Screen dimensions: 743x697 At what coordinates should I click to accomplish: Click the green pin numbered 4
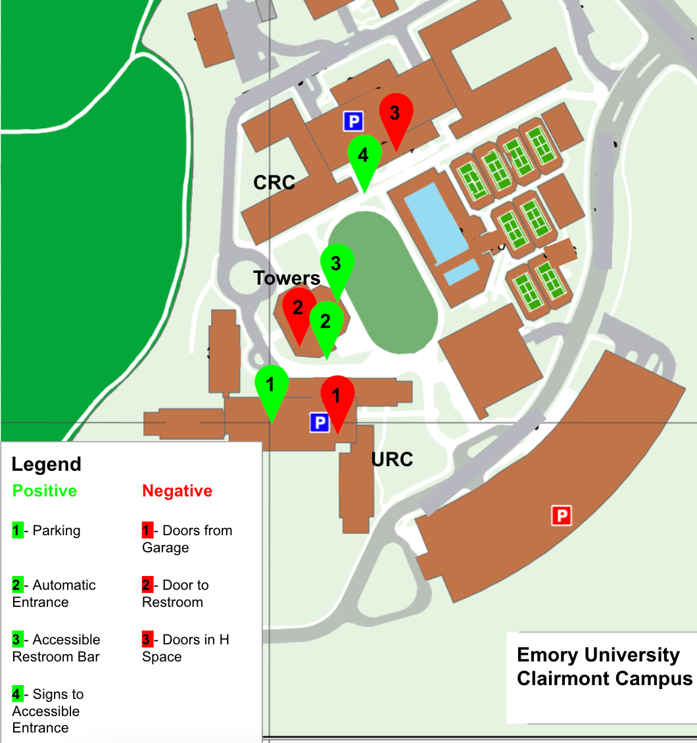pos(364,156)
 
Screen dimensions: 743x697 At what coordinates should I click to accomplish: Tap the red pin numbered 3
pos(396,114)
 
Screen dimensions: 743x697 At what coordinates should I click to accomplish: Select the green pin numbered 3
pos(337,265)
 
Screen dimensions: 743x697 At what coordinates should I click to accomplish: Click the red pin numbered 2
pos(299,308)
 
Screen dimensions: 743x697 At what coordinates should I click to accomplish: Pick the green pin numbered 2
pos(326,322)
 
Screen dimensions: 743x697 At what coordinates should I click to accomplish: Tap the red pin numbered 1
pos(337,396)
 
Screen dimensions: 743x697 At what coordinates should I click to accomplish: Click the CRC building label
pos(274,182)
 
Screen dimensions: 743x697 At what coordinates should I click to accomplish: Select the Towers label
pos(287,278)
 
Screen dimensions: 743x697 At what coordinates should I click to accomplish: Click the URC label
pos(392,459)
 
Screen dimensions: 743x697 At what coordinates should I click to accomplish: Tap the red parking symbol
pos(562,515)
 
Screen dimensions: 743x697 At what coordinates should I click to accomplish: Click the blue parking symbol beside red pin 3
pos(353,121)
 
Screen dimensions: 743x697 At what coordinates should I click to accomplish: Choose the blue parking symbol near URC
pos(319,422)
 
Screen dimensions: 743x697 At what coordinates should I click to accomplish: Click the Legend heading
pos(47,464)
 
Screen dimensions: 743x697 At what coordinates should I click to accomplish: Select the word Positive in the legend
pos(45,491)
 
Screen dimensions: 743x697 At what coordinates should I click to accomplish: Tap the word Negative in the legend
pos(178,491)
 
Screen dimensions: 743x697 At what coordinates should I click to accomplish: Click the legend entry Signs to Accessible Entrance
pos(47,711)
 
